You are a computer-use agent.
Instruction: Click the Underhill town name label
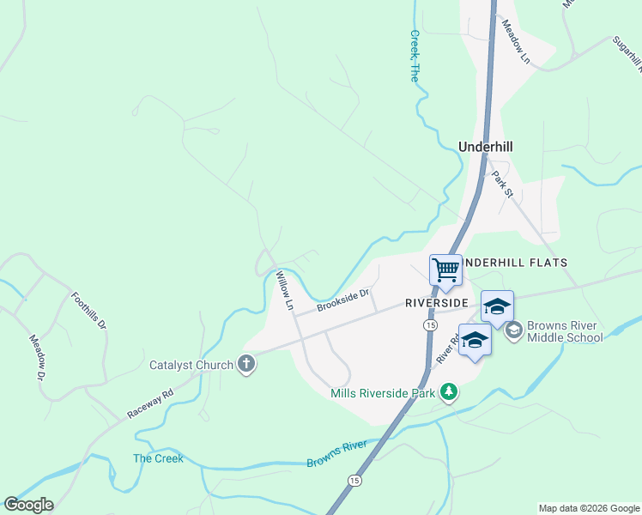tap(486, 147)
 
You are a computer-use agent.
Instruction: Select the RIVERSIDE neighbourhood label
tap(437, 303)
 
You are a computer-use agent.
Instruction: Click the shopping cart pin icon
tap(445, 270)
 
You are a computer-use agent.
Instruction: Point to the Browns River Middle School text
tap(565, 331)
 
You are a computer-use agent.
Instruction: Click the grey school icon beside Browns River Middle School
tap(514, 330)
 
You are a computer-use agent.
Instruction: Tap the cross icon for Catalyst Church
tap(246, 365)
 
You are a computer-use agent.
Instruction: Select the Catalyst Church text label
tap(191, 365)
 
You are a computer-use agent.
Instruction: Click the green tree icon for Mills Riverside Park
tap(447, 393)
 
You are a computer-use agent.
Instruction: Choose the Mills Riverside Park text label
tap(384, 394)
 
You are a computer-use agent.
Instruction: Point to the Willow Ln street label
tap(284, 291)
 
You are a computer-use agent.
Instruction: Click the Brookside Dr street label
tap(342, 300)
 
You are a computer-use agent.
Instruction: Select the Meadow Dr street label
tap(36, 358)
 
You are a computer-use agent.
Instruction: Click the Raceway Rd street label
tap(150, 403)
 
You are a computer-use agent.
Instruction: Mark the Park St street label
tap(502, 185)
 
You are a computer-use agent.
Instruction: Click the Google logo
tap(28, 505)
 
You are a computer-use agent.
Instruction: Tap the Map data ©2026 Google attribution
tap(590, 508)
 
